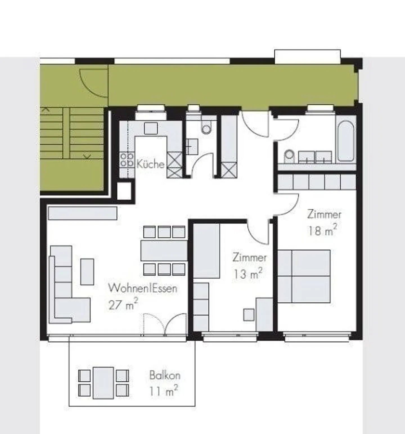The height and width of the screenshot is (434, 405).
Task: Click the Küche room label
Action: click(x=150, y=164)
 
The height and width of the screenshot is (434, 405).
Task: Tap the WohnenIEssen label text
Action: click(x=143, y=288)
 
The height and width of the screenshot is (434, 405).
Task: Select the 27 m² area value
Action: click(x=123, y=305)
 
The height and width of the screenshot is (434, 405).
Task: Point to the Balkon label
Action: click(x=165, y=375)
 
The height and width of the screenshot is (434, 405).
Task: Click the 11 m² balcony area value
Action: click(x=163, y=391)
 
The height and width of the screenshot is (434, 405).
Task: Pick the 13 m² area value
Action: click(x=247, y=274)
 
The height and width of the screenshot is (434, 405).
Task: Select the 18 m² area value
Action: click(x=322, y=231)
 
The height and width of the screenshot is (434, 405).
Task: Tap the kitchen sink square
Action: click(x=151, y=129)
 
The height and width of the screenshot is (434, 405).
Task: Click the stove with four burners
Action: click(x=127, y=160)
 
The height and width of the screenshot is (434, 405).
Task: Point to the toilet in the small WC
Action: click(x=206, y=128)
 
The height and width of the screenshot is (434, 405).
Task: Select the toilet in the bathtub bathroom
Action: click(x=289, y=156)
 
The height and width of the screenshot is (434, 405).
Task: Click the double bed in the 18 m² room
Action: click(x=304, y=276)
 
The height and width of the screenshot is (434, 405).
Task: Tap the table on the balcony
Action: click(x=103, y=383)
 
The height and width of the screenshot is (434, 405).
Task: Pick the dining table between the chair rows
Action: click(x=164, y=250)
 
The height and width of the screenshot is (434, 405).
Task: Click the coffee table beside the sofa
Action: click(x=87, y=272)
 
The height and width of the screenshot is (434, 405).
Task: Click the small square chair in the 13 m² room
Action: click(x=249, y=314)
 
